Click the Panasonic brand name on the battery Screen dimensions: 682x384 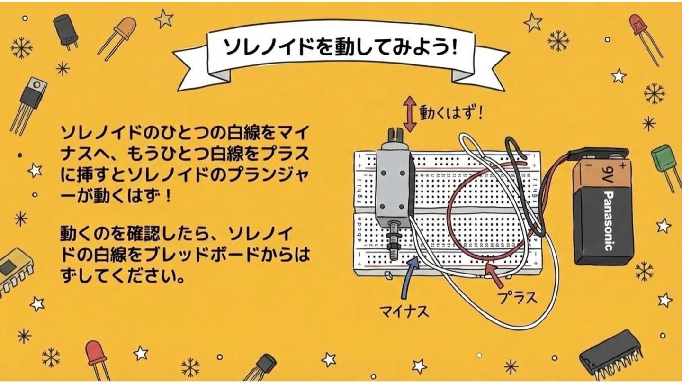[608, 220]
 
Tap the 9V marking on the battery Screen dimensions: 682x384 [607, 174]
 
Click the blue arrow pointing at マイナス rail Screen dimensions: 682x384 [408, 278]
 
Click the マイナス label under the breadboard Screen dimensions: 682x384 [404, 311]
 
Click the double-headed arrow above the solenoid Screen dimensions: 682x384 [410, 114]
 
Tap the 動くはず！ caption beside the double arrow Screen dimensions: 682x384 [451, 113]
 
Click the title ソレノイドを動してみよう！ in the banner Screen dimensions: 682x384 [341, 48]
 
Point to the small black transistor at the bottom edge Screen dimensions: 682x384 [261, 367]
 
